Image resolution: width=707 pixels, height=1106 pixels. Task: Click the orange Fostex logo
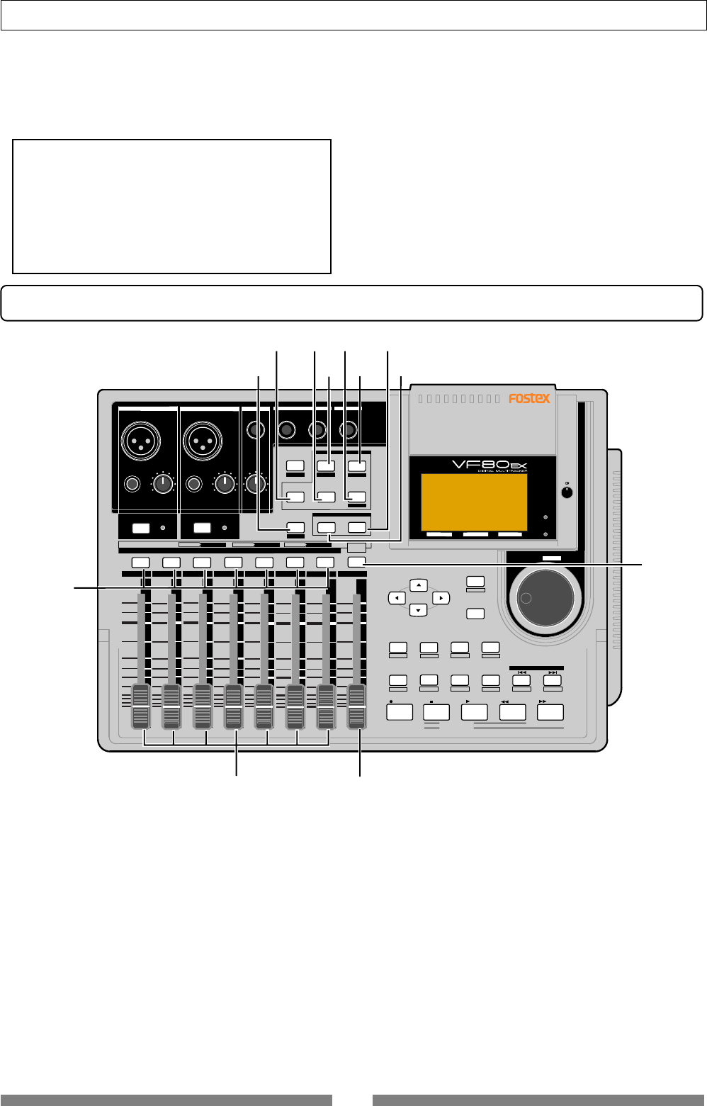pos(529,399)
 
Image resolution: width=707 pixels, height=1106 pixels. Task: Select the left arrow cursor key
pos(397,599)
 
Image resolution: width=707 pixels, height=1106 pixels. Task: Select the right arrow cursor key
pos(441,599)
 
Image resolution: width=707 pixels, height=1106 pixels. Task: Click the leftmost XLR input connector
pos(142,441)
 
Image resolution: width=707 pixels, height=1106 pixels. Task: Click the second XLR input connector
pos(203,441)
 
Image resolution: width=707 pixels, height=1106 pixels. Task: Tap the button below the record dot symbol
pos(400,712)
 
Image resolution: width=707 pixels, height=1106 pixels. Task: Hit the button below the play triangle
pos(474,712)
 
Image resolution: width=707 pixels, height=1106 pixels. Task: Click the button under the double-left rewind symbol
pos(512,712)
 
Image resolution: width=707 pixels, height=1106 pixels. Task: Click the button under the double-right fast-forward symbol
pos(550,712)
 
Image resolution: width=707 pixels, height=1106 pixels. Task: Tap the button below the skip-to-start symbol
pos(521,680)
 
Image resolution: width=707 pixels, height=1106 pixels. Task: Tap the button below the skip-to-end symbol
pos(552,680)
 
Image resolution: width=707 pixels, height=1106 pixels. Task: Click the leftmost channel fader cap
pos(141,706)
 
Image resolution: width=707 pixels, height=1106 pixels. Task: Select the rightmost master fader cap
pos(357,706)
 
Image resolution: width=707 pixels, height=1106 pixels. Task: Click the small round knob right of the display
pos(566,492)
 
